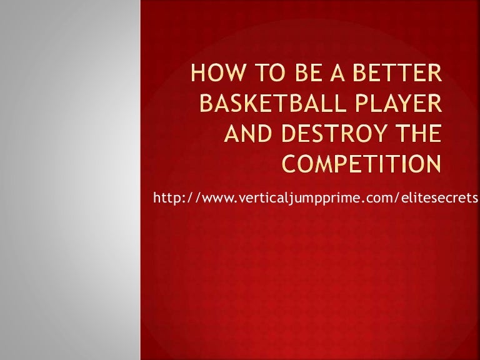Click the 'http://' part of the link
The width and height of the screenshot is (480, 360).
pyautogui.click(x=173, y=199)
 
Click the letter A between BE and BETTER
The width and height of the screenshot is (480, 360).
pyautogui.click(x=325, y=79)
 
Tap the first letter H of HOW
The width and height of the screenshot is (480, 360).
pyautogui.click(x=197, y=79)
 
